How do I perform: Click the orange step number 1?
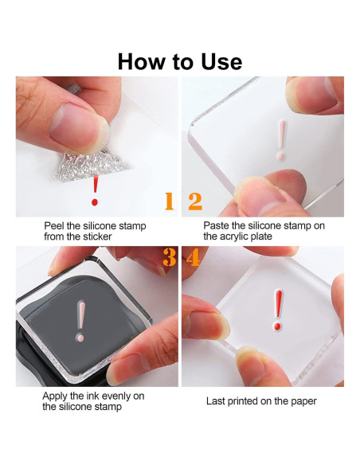(170, 201)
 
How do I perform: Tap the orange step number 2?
(195, 201)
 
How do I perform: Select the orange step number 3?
(170, 257)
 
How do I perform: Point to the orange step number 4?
(193, 257)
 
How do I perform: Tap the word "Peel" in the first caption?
(54, 226)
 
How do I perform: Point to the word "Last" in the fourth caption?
(216, 401)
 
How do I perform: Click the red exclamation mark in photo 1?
(95, 190)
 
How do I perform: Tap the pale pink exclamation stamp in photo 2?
(281, 140)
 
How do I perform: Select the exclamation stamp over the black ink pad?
(80, 322)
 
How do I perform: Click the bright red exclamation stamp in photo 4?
(278, 311)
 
